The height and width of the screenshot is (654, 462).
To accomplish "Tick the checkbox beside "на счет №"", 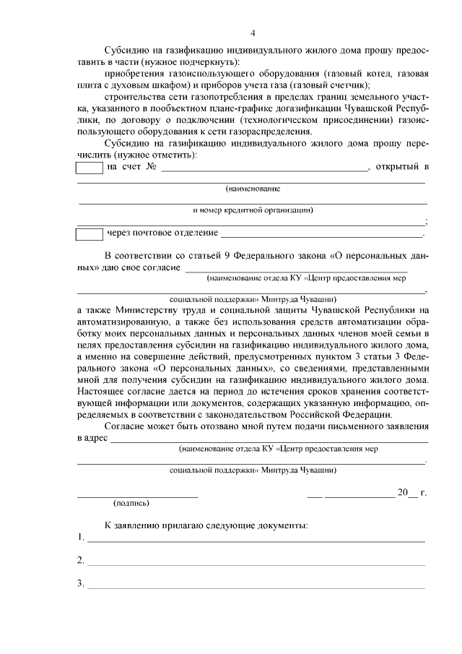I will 90,168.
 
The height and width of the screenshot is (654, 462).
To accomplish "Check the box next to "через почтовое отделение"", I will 90,233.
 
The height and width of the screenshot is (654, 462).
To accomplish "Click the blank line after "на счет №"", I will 263,171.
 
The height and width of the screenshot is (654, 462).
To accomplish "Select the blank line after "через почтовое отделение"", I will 321,236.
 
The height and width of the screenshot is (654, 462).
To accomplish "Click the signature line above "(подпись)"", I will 137,496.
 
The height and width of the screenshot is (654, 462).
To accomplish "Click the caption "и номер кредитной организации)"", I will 252,210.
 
